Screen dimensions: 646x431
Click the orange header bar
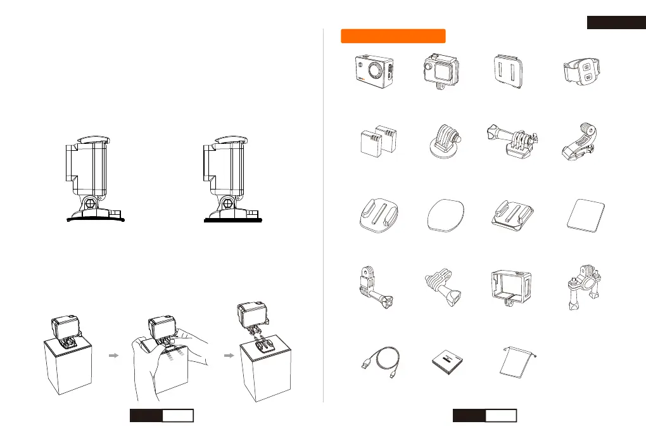click(x=393, y=35)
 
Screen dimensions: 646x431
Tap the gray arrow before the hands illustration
click(x=114, y=356)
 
